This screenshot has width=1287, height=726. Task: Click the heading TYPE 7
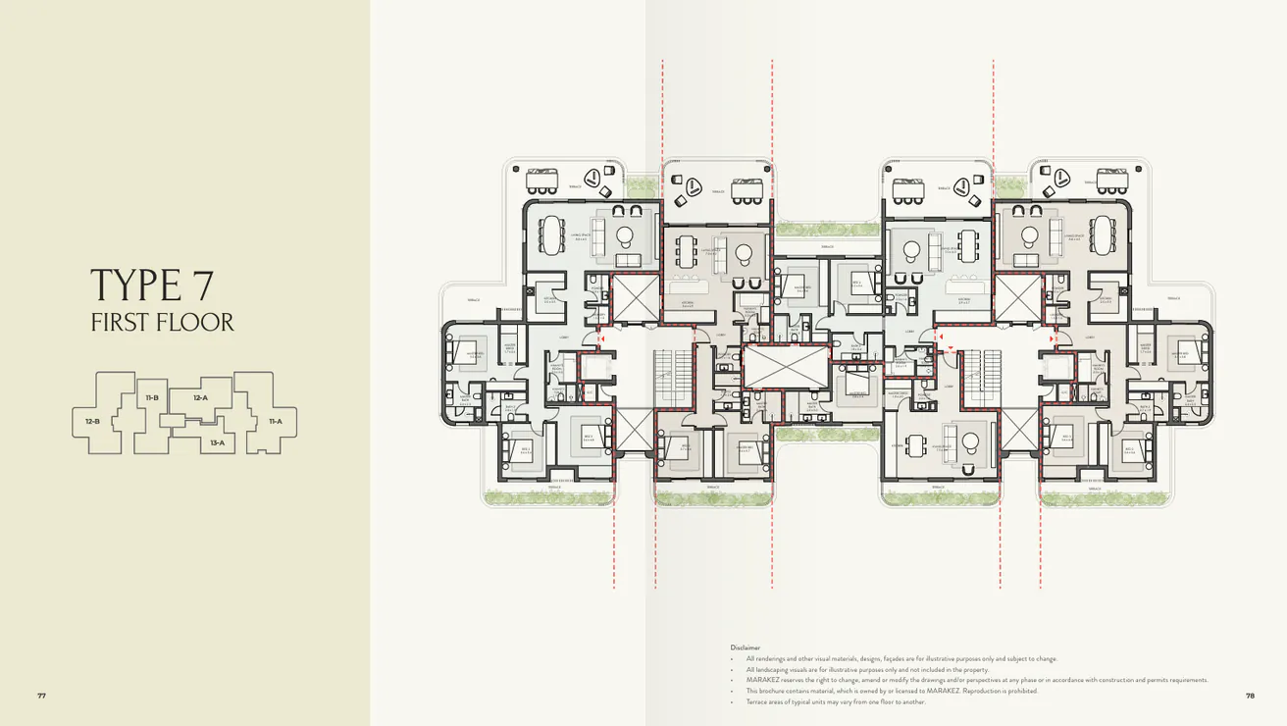[151, 285]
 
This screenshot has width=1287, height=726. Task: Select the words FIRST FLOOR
[162, 323]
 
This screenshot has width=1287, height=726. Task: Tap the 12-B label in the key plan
[92, 421]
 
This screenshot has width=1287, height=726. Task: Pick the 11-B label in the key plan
[152, 397]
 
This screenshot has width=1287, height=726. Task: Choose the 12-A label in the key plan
[200, 397]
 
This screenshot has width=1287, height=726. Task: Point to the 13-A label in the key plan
[217, 442]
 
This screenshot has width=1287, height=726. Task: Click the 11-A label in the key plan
[275, 421]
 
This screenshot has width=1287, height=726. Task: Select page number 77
[41, 696]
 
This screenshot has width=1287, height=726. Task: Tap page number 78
[1250, 696]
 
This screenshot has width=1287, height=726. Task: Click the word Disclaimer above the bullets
[746, 648]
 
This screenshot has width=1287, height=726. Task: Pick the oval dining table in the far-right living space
[1104, 234]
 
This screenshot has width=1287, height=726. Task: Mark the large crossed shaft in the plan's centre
[771, 365]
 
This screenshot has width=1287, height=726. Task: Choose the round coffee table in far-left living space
[624, 234]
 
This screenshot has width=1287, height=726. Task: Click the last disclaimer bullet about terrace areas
[835, 701]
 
